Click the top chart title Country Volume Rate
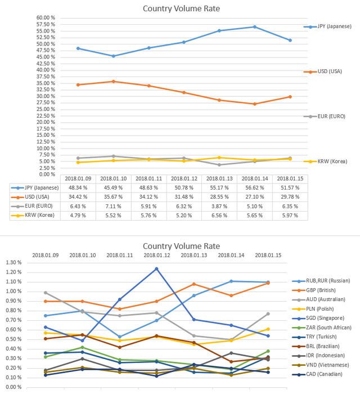181,8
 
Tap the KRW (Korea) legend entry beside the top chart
332,161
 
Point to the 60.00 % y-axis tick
46,17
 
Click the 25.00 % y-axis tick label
46,109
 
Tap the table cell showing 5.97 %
290,214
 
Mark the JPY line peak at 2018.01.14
255,26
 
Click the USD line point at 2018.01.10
114,81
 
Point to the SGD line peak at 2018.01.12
156,268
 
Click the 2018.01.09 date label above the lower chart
46,255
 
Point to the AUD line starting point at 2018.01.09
45,292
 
